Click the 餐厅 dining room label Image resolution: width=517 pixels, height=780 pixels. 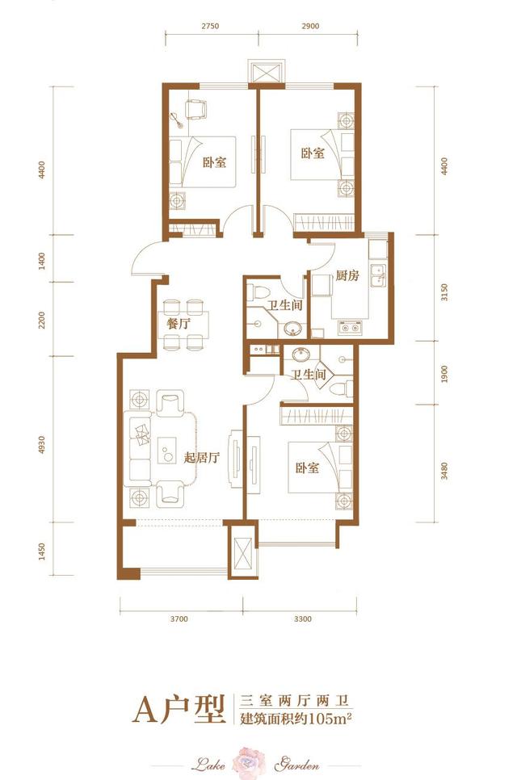coord(179,324)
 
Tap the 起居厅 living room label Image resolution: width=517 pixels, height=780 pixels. coord(201,457)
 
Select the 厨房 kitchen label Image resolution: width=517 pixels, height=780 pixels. coord(347,275)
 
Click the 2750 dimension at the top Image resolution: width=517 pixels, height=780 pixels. coord(210,27)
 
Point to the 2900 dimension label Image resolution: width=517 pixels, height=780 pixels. coord(310,27)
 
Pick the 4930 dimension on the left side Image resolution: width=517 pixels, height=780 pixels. coord(42,444)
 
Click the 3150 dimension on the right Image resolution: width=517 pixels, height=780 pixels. coord(444,292)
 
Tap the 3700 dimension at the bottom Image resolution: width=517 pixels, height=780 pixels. coord(179,619)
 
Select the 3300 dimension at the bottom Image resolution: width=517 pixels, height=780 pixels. coord(303,619)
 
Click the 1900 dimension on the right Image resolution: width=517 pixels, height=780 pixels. coord(444,374)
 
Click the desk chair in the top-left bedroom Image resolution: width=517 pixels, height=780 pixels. coord(195,109)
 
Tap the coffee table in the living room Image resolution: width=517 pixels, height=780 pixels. coord(167,451)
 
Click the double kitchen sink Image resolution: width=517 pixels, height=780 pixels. coord(379,275)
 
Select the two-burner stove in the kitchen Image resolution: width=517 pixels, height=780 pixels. coord(350,328)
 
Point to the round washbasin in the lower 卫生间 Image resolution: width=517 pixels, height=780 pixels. coord(301,354)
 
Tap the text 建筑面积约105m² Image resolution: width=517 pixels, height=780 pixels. coord(296,719)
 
